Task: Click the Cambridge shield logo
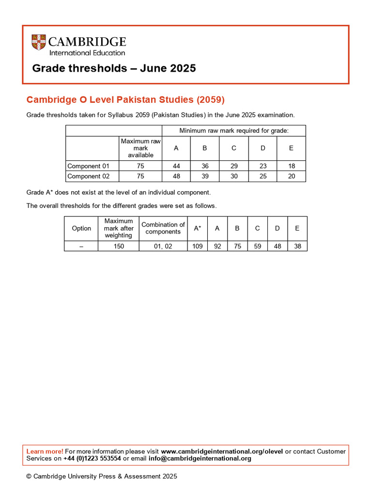click(x=39, y=42)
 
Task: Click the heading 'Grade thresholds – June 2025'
click(x=114, y=68)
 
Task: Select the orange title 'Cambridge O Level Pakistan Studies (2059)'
click(x=125, y=100)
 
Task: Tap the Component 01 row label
click(x=89, y=166)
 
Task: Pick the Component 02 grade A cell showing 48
click(x=176, y=176)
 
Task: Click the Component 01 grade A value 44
click(x=176, y=166)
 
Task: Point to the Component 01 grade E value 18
click(x=291, y=166)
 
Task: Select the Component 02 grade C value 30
click(x=234, y=176)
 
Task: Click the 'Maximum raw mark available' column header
click(x=140, y=148)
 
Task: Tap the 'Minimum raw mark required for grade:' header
click(x=234, y=131)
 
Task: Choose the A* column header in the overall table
click(x=198, y=228)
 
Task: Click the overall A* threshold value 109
click(x=198, y=246)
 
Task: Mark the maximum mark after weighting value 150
click(x=119, y=246)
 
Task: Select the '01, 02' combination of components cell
click(x=163, y=246)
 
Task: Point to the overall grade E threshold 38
click(x=297, y=246)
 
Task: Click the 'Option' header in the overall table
click(x=81, y=228)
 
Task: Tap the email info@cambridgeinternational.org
click(x=200, y=459)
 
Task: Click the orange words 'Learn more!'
click(x=45, y=451)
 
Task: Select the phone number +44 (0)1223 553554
click(x=92, y=459)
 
